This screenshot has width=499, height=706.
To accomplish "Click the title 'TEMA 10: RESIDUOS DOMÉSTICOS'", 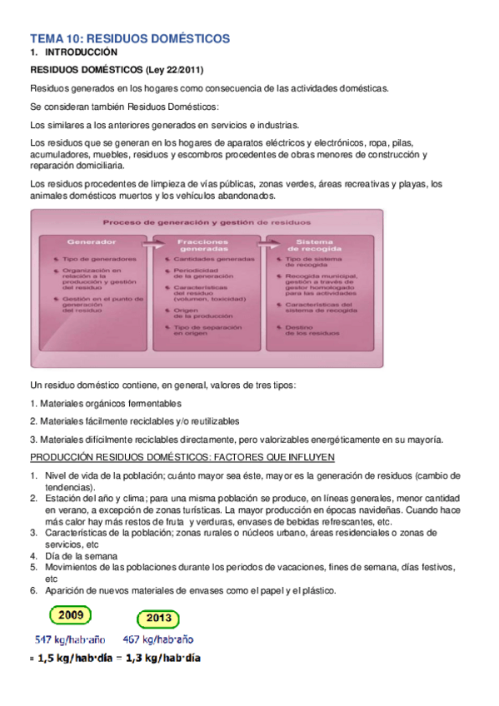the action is pyautogui.click(x=129, y=38).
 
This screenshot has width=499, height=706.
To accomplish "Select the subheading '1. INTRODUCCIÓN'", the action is pyautogui.click(x=74, y=52).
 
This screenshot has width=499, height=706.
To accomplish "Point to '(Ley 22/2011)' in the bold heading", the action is pyautogui.click(x=173, y=70).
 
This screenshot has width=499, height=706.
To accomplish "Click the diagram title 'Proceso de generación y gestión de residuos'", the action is pyautogui.click(x=207, y=222).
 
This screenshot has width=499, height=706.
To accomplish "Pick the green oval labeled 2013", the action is pyautogui.click(x=159, y=619).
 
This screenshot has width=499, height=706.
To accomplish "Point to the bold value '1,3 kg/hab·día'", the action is pyautogui.click(x=162, y=658).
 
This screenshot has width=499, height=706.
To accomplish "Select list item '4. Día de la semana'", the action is pyautogui.click(x=80, y=555).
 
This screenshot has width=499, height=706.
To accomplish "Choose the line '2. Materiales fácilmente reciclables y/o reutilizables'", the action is pyautogui.click(x=134, y=421).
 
